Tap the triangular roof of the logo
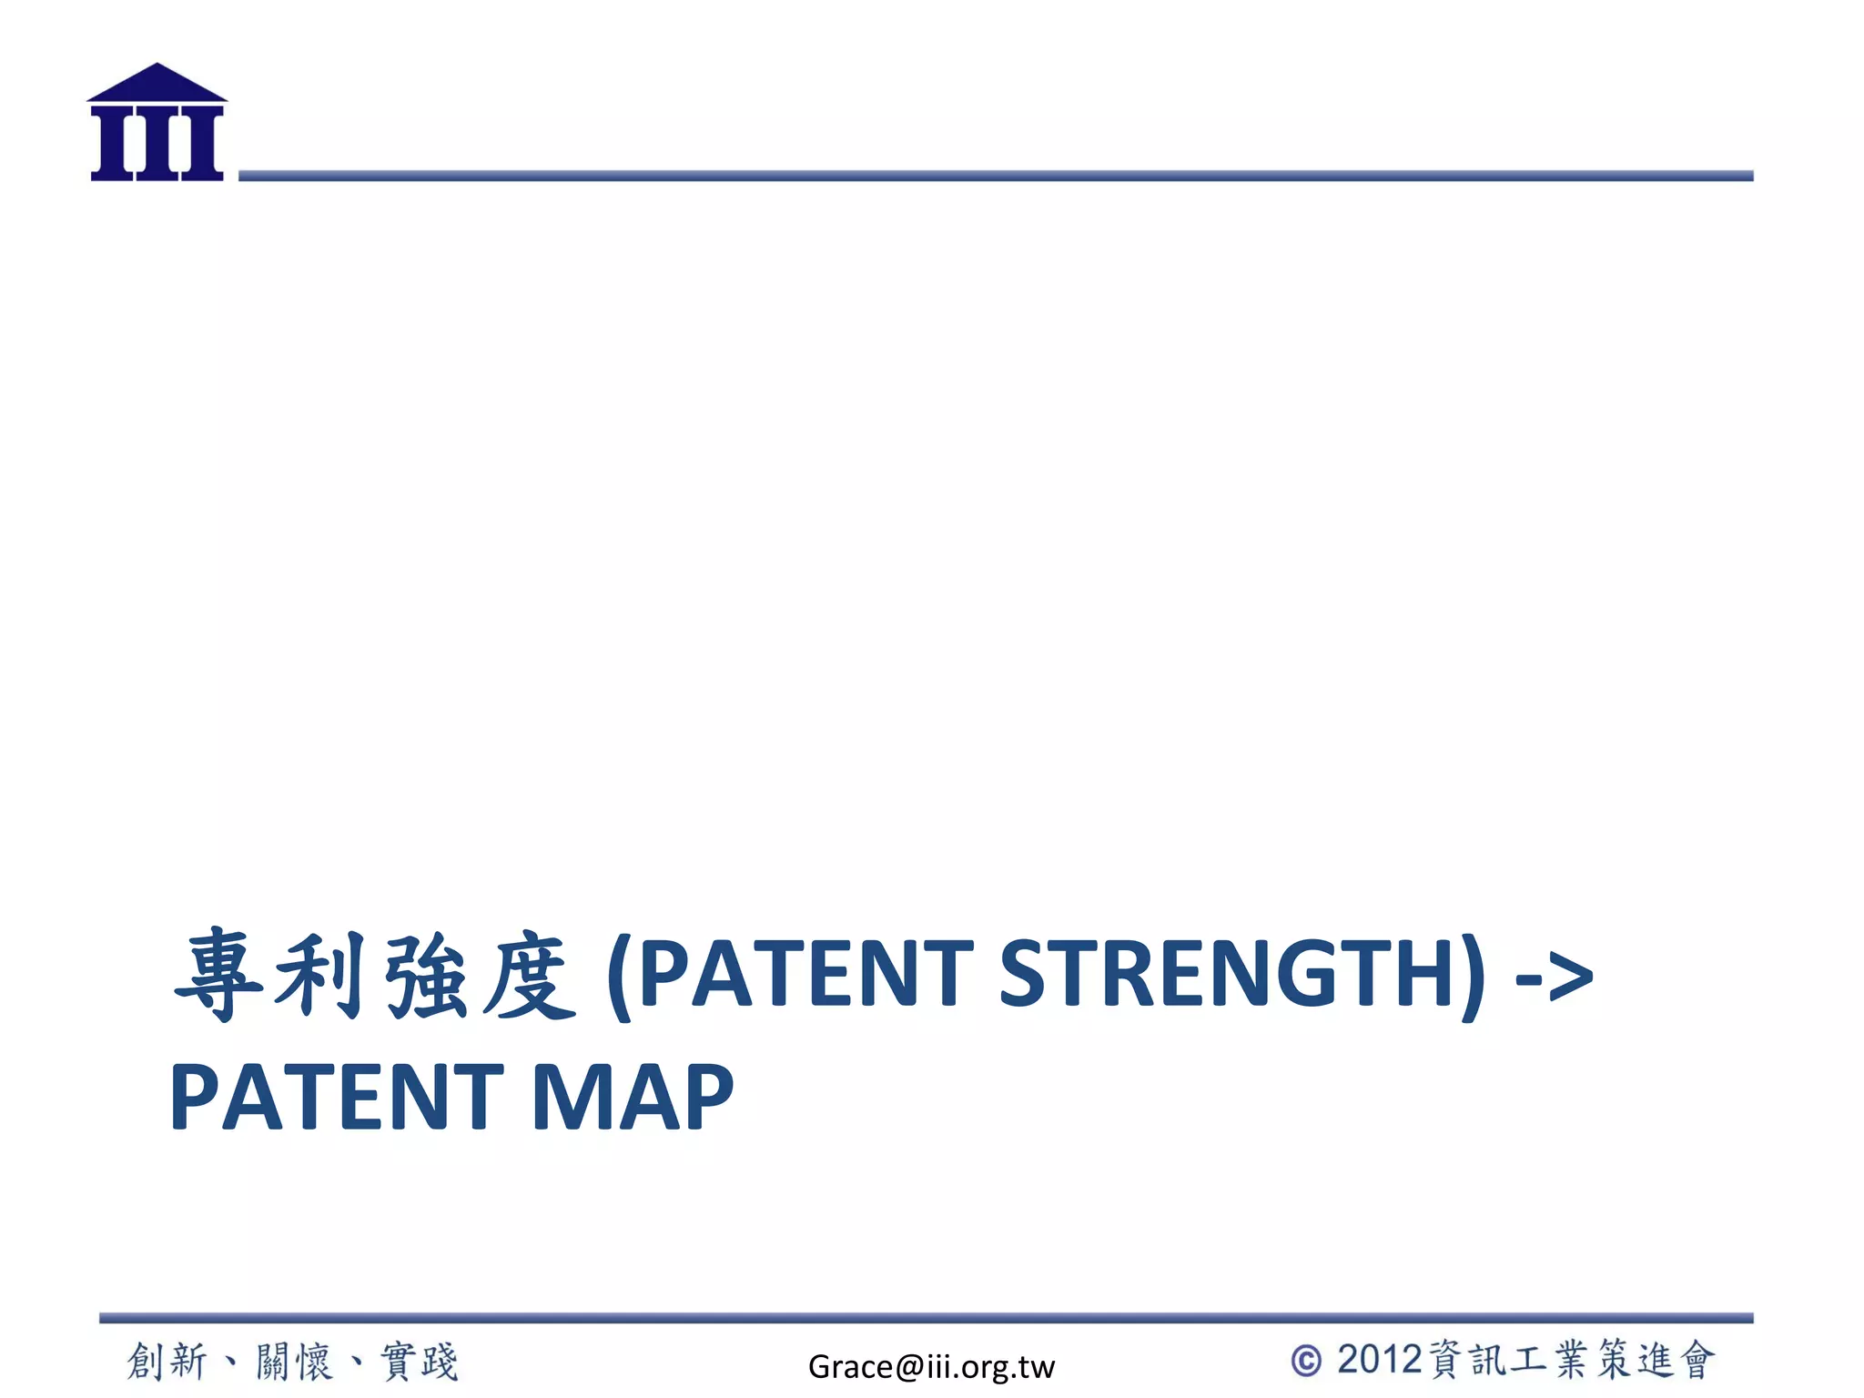(x=157, y=83)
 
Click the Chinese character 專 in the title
(x=219, y=974)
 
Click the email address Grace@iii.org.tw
(x=931, y=1366)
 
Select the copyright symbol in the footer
(x=1307, y=1362)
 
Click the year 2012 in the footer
(x=1379, y=1360)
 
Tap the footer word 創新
(x=167, y=1362)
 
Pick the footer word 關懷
(x=294, y=1362)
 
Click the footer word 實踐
(x=420, y=1362)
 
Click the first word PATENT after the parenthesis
(x=806, y=974)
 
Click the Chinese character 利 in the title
(x=321, y=974)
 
